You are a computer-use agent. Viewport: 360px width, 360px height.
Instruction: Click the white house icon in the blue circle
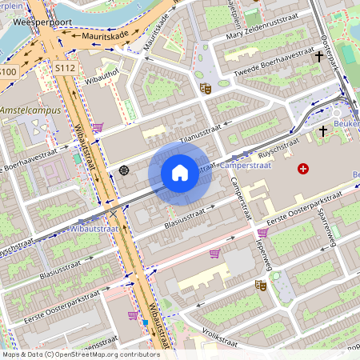(x=179, y=172)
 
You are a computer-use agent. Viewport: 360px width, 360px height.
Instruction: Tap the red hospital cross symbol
(x=302, y=168)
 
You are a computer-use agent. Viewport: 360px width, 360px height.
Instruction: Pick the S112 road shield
(x=66, y=68)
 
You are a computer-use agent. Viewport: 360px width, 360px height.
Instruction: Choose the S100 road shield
(x=7, y=72)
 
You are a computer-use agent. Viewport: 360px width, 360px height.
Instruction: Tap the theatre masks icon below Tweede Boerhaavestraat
(x=205, y=88)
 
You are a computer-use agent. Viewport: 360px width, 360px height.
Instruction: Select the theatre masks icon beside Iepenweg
(x=259, y=284)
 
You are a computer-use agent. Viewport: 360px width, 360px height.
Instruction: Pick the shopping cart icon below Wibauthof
(x=97, y=126)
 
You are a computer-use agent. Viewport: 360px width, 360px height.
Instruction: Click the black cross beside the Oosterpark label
(x=319, y=58)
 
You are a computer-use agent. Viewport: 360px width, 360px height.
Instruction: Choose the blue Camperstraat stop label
(x=246, y=165)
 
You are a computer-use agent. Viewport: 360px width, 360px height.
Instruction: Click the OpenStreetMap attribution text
(x=80, y=354)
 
